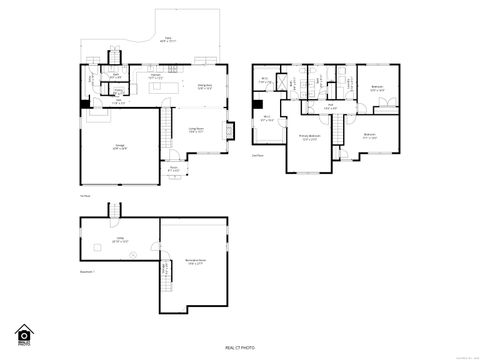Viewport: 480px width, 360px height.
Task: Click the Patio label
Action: tap(167, 40)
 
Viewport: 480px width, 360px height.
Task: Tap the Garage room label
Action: tap(120, 147)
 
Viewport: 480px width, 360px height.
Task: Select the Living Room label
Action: tap(196, 130)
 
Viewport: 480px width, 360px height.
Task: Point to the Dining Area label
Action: tap(207, 86)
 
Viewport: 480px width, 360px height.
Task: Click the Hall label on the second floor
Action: tap(329, 105)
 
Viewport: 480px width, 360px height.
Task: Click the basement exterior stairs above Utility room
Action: tap(115, 211)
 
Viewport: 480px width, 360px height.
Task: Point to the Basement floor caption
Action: tap(89, 271)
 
